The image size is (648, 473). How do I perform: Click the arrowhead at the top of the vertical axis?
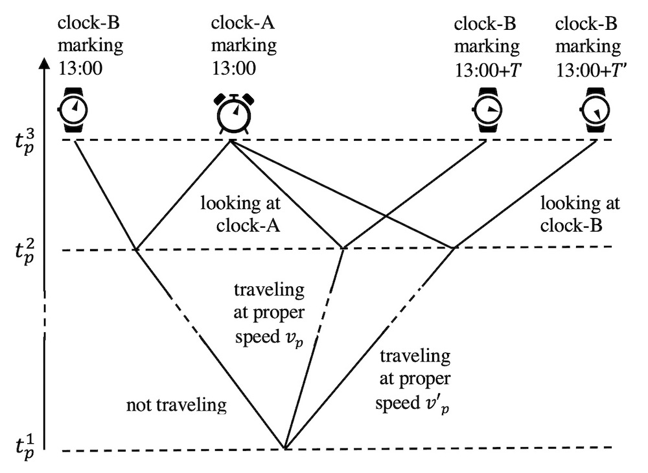click(x=43, y=65)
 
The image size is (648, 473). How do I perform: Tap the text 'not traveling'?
click(x=177, y=406)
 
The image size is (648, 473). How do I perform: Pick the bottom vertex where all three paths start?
click(x=285, y=448)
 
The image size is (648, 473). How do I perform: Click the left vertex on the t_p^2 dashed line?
click(x=136, y=249)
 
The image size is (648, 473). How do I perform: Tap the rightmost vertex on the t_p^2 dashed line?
click(x=453, y=247)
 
